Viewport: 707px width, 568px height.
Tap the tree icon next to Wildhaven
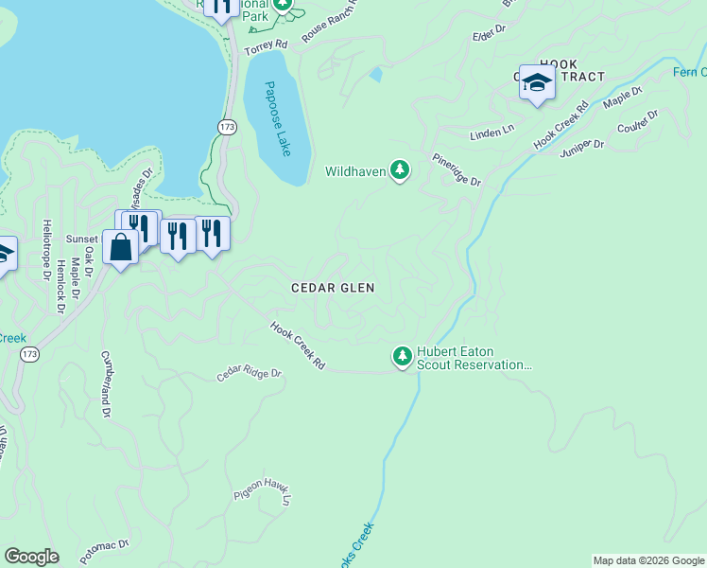(401, 170)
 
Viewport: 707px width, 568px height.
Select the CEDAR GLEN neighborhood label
(333, 288)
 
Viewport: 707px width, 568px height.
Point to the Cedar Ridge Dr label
(250, 374)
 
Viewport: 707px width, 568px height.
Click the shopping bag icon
(122, 248)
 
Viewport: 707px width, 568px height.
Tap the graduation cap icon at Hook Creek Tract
(537, 83)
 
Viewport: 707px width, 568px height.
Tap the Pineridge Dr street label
(457, 169)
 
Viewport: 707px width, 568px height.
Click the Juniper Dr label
(582, 145)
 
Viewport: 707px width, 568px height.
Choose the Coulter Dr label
(637, 120)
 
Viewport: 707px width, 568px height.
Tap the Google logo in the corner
(31, 556)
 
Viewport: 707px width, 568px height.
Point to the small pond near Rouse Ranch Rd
(377, 73)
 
